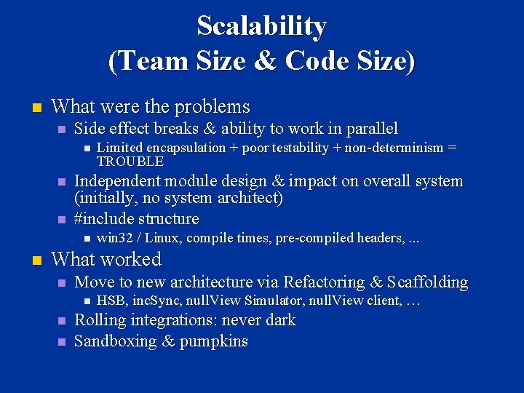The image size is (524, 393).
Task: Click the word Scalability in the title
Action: click(x=261, y=26)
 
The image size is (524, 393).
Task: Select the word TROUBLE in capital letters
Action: click(x=130, y=162)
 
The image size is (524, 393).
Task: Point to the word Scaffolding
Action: click(x=428, y=282)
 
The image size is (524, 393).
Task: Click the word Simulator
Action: click(x=277, y=301)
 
